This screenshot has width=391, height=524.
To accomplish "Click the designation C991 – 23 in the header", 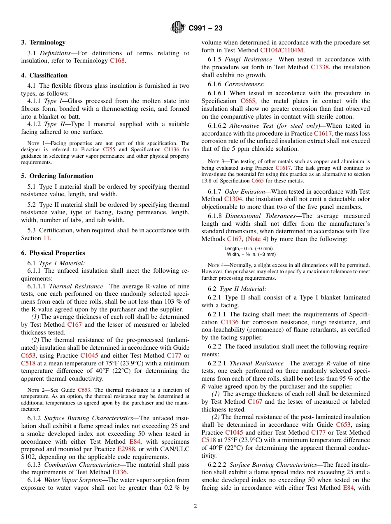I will click(x=205, y=28).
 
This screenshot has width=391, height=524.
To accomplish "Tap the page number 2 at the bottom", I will click(x=195, y=506).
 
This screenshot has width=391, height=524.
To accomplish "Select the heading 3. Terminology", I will click(x=43, y=42).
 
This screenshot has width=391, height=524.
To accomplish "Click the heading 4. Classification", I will click(x=44, y=75).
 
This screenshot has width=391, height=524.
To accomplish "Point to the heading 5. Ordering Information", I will click(x=57, y=176).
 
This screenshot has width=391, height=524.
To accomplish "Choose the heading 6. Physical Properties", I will click(x=53, y=253).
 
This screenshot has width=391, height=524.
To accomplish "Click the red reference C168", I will click(x=117, y=61).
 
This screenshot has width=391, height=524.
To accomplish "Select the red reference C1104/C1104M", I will click(x=282, y=50).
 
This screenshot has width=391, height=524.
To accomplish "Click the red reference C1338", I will click(x=319, y=68).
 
